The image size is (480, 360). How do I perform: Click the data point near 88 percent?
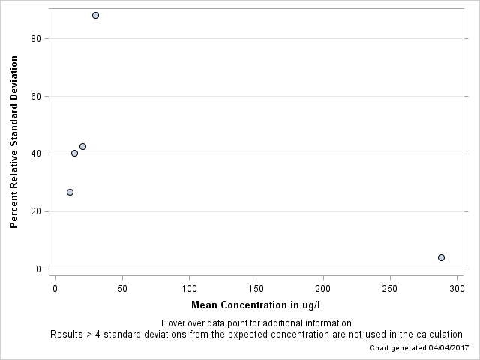(95, 15)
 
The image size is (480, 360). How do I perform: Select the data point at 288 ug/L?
(441, 257)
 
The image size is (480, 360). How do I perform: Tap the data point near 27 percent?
(70, 192)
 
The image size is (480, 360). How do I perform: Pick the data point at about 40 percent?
(74, 153)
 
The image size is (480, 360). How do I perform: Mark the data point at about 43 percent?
(82, 146)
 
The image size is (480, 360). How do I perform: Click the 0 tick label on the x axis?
(55, 289)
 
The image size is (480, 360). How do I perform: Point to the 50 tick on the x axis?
(122, 289)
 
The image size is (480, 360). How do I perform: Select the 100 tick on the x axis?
(189, 289)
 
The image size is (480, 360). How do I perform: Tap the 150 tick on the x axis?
(256, 289)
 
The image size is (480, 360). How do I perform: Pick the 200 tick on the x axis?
(323, 289)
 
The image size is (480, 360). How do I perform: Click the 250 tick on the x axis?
(391, 289)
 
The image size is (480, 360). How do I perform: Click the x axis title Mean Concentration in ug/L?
(256, 304)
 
